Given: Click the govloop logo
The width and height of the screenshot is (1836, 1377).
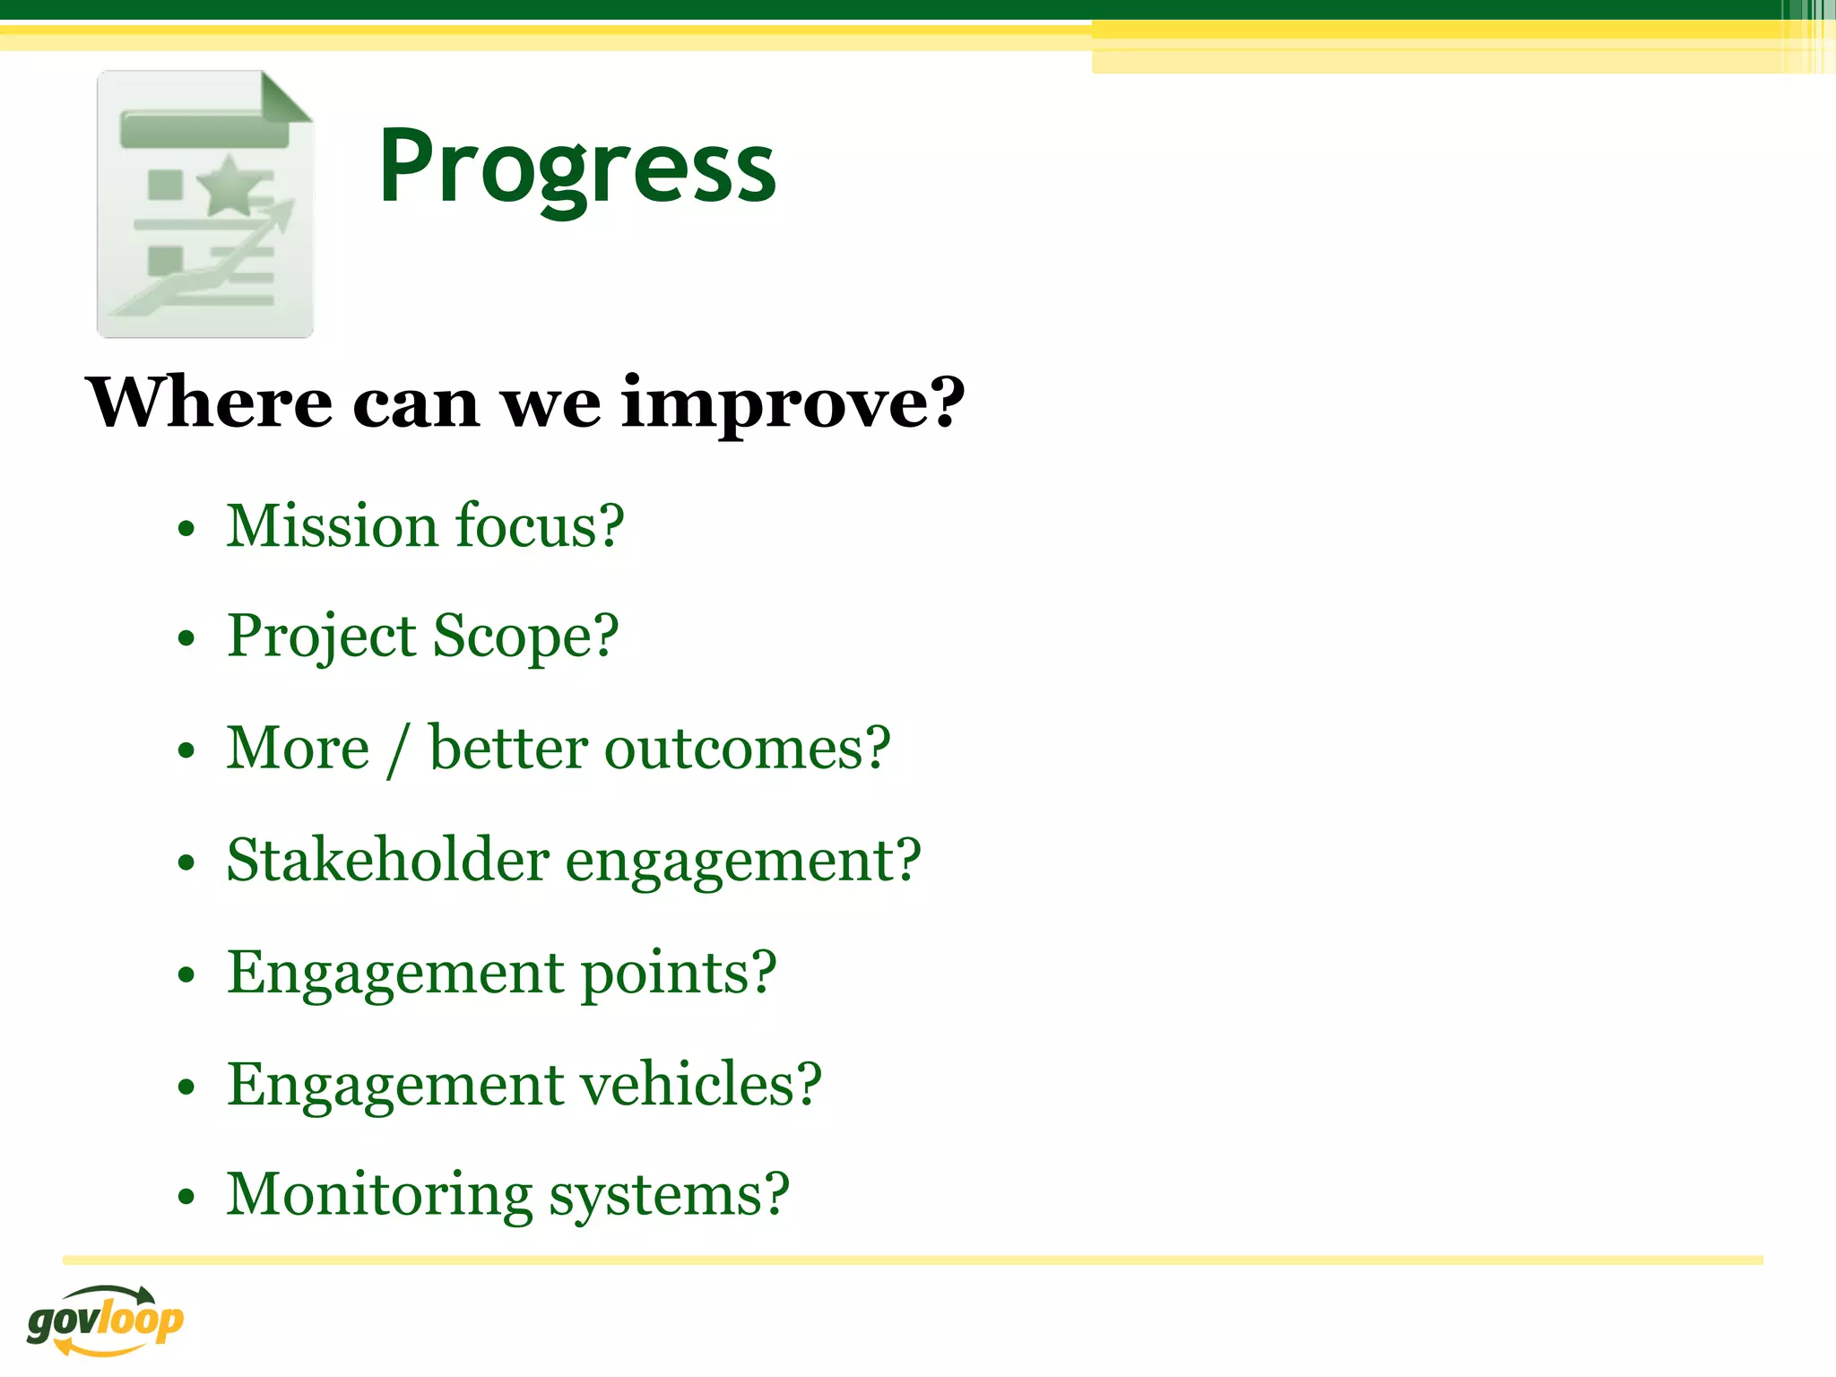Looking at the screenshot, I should [105, 1321].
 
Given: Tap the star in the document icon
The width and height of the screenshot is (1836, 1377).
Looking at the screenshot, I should [230, 186].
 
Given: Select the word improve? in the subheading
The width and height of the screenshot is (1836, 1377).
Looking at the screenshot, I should [792, 403].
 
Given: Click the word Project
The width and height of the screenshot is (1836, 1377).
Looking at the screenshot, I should [321, 637].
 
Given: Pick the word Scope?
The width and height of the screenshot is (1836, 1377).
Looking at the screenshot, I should [526, 637].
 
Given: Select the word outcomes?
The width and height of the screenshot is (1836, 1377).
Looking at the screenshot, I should [748, 749].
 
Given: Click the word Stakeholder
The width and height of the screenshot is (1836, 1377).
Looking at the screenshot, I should [387, 861].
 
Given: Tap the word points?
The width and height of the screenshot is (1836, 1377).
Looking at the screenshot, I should [679, 973].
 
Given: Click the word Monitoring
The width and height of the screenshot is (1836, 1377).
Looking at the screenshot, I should [379, 1196].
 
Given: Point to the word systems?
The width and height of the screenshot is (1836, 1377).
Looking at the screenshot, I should [669, 1196].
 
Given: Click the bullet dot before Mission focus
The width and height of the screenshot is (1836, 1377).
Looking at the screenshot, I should [186, 530].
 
